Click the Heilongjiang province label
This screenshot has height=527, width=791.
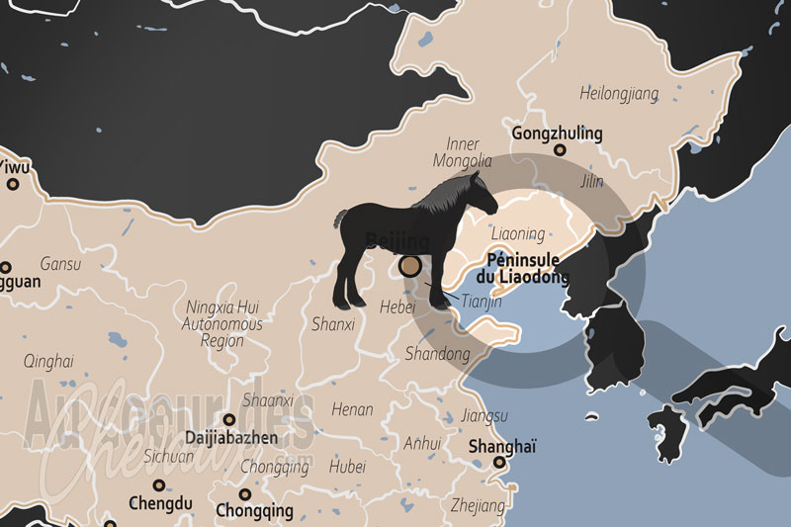(x=619, y=94)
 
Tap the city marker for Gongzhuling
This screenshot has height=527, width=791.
(x=560, y=150)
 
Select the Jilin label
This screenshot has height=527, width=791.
(x=591, y=182)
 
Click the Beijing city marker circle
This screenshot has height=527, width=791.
(x=409, y=266)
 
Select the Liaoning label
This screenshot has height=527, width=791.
(x=517, y=234)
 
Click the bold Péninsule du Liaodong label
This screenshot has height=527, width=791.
(x=527, y=269)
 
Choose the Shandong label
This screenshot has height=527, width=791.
(x=437, y=353)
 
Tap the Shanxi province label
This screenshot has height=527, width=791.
(x=332, y=323)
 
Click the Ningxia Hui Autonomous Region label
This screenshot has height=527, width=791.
(x=223, y=323)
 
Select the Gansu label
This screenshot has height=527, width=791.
(x=60, y=264)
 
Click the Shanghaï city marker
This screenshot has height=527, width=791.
(x=499, y=462)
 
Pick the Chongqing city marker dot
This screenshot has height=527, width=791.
(x=244, y=493)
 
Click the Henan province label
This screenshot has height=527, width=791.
(x=352, y=408)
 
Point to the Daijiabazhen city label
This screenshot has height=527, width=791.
(x=234, y=437)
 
